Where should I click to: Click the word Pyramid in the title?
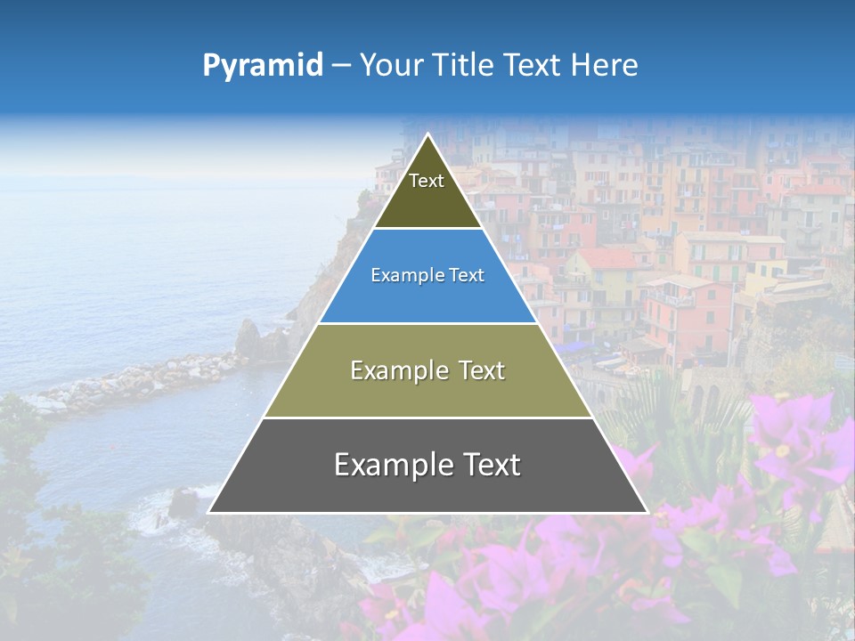coord(263,66)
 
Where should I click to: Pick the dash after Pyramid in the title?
coord(341,66)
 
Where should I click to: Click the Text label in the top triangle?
coord(427,181)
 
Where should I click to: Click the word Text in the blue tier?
coord(467,276)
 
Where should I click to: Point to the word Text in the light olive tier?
coord(483,370)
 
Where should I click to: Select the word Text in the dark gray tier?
coord(491,465)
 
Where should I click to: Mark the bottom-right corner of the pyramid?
coord(647,512)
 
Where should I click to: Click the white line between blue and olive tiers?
coord(428,323)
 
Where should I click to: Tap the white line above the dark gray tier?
coord(428,418)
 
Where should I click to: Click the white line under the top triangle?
coord(428,229)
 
